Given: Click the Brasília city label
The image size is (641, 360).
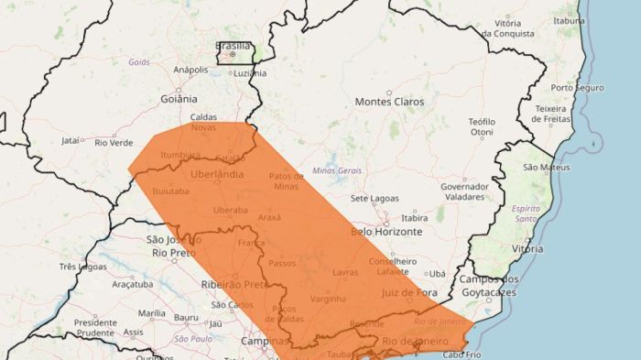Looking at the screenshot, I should point(232,45).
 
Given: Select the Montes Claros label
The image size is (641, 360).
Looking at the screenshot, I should point(390,102).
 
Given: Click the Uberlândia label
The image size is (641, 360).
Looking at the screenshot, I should point(218,174).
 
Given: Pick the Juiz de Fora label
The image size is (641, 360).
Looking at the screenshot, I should point(406,292).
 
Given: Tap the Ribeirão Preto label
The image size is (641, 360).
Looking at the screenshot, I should point(232,285).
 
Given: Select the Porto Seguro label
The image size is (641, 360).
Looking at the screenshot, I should point(577,88).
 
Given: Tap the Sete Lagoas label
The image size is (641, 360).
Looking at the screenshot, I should point(372,198).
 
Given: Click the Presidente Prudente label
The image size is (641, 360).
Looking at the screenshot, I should point(95,327).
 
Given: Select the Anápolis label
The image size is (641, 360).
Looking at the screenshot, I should point(190,70).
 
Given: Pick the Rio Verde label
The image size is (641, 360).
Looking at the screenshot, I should point(114,142).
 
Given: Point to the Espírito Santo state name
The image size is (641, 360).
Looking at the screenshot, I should point(526,213).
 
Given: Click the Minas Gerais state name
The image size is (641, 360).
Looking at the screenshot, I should point(337,171).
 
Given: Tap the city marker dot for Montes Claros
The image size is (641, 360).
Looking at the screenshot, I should point(388,93).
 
